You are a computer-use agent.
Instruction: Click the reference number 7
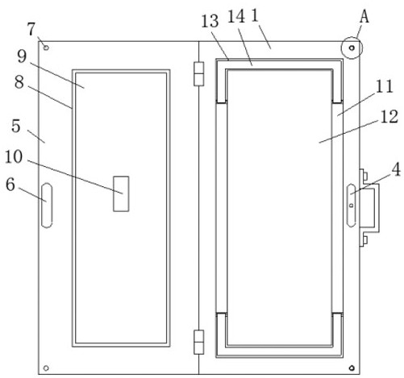point(31,29)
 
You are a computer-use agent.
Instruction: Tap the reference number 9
point(22,56)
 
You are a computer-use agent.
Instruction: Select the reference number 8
point(19,82)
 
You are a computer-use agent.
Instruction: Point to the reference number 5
point(16,126)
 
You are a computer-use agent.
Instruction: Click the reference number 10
point(14,157)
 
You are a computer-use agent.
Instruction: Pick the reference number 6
point(10,185)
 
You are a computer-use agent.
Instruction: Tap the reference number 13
point(210,21)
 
